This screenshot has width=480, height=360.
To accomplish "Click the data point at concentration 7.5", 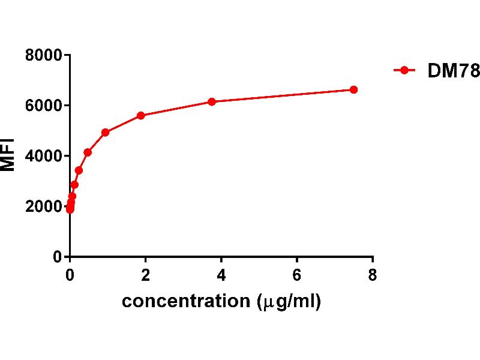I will coord(353,89).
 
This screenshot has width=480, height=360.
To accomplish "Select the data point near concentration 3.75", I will coord(212,101).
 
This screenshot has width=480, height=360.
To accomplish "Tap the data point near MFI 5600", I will coord(141,115).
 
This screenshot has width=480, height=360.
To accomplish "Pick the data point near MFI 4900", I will coord(106,132).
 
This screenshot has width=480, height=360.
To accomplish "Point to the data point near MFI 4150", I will coord(88,152).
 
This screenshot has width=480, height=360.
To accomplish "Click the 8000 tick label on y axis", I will coord(44,55).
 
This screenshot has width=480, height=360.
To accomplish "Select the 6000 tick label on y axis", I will coord(44,106).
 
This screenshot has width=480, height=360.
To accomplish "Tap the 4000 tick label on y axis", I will coord(44,156).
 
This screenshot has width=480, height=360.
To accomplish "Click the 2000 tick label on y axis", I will coord(44,206).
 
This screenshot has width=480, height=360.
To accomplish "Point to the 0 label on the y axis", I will coord(58,257).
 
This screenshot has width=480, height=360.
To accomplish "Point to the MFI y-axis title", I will coord(8,156).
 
